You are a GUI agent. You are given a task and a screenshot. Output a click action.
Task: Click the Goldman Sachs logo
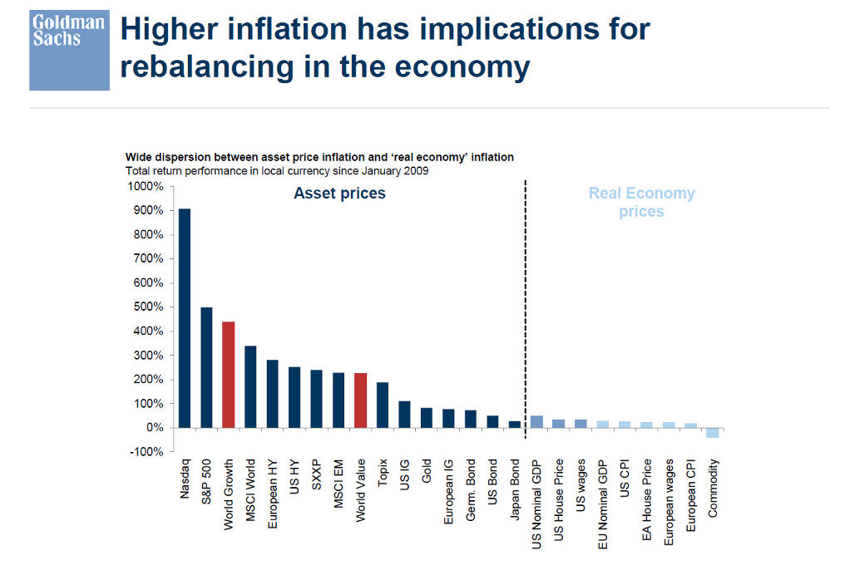(69, 51)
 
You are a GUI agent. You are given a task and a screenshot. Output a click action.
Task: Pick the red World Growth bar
(229, 375)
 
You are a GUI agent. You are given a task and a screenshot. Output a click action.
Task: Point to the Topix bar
(383, 405)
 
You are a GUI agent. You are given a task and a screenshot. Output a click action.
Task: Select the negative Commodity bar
(712, 433)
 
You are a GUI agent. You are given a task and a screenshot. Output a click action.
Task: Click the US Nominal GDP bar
(536, 422)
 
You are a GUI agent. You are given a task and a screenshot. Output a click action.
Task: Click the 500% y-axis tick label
(148, 307)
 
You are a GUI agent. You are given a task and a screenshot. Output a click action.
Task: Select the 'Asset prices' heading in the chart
(339, 194)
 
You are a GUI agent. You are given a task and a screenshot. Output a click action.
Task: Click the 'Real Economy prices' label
(641, 202)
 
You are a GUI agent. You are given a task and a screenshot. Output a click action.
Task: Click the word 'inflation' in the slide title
(286, 28)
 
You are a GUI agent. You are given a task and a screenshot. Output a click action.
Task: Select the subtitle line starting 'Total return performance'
(277, 171)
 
